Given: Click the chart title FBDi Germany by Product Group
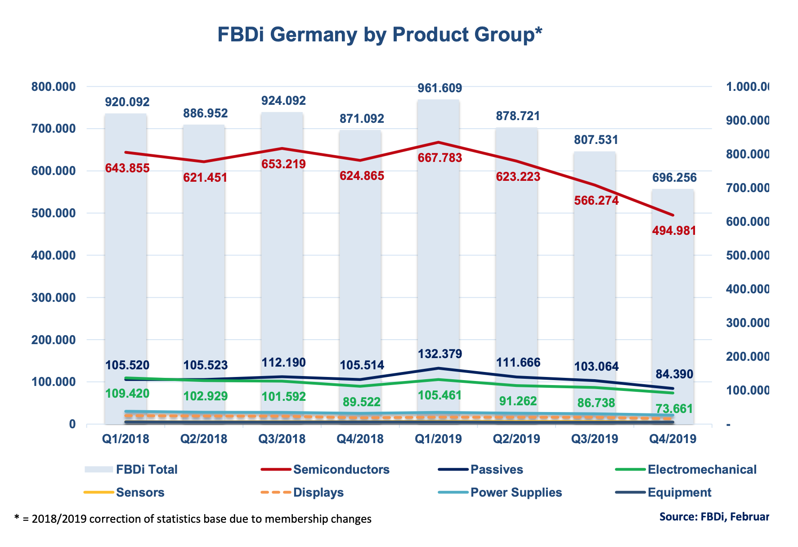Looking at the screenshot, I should click(x=380, y=35).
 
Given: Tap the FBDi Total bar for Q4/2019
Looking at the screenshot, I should click(x=673, y=292).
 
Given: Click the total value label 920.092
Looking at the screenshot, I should click(x=127, y=102).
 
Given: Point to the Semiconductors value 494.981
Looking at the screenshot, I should click(x=674, y=231).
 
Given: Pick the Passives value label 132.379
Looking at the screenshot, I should click(x=440, y=354).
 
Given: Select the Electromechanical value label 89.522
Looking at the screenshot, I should click(x=362, y=402).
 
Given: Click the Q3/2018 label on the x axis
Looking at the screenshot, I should click(x=282, y=439).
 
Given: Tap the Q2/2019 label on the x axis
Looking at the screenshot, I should click(x=516, y=439).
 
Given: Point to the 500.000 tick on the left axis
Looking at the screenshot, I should click(x=54, y=213).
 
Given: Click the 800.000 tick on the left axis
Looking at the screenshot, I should click(x=54, y=87).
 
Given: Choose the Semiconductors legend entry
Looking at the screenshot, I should click(x=341, y=470).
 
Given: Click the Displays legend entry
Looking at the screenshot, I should click(x=318, y=493).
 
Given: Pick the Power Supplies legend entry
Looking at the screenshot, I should click(x=516, y=493).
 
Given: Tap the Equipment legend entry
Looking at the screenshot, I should click(x=679, y=493).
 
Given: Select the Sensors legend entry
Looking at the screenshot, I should click(x=140, y=493).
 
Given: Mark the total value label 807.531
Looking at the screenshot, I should click(x=596, y=140).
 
